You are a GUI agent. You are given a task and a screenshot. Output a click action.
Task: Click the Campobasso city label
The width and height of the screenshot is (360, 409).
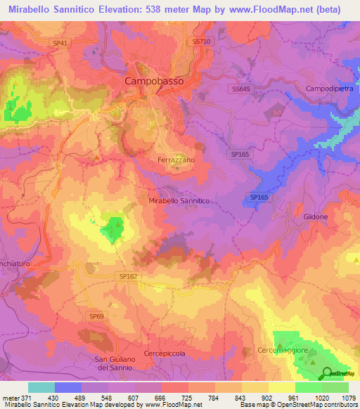(x=153, y=81)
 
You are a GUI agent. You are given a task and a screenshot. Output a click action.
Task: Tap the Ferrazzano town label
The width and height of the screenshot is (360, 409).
(x=175, y=160)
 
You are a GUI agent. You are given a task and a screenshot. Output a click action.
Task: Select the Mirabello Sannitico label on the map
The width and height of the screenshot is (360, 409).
(x=179, y=201)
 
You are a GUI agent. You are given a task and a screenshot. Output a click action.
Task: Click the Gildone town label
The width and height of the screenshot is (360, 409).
(x=316, y=217)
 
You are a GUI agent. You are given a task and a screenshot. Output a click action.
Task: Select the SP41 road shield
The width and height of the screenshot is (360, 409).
(x=60, y=43)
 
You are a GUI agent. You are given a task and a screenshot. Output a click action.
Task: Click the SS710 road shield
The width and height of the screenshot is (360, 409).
(x=201, y=42)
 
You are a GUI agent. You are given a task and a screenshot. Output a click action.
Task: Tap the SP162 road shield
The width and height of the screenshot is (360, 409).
(x=128, y=277)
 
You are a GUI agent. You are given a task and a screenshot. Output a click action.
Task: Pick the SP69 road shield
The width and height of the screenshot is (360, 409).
(x=96, y=317)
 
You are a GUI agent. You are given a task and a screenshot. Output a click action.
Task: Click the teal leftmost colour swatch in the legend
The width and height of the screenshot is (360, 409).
(x=41, y=387)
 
